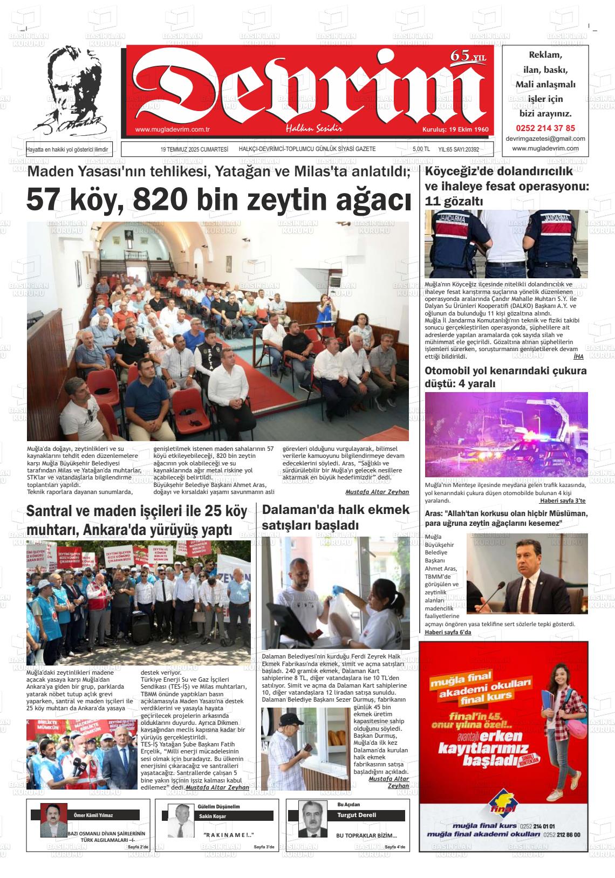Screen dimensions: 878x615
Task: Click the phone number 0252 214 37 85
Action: [545, 128]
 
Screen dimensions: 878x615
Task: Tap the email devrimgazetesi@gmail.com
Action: [545, 139]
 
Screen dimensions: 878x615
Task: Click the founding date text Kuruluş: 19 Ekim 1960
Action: [455, 130]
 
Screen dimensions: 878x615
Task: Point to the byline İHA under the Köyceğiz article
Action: [578, 356]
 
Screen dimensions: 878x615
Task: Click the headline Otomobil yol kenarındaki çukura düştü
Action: [505, 377]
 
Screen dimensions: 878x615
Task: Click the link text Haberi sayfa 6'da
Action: [448, 632]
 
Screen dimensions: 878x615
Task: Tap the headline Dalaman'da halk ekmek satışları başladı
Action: [336, 517]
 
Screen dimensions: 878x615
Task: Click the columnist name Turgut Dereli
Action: [357, 815]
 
